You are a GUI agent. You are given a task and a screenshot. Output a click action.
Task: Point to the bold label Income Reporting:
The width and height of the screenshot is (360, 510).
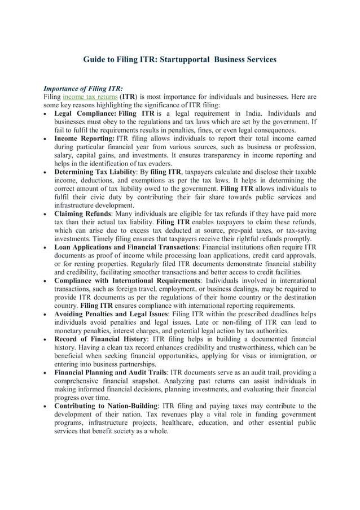pyautogui.click(x=84, y=138)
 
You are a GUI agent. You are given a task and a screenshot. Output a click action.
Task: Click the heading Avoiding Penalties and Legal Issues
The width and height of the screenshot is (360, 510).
pyautogui.click(x=111, y=314)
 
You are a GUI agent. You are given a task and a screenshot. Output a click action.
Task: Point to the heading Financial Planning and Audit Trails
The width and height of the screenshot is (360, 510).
pyautogui.click(x=110, y=372)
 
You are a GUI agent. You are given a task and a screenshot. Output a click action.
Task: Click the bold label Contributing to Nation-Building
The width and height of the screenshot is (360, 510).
pyautogui.click(x=106, y=406)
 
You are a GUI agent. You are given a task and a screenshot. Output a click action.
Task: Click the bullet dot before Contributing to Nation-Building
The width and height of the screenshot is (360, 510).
pyautogui.click(x=46, y=406)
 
